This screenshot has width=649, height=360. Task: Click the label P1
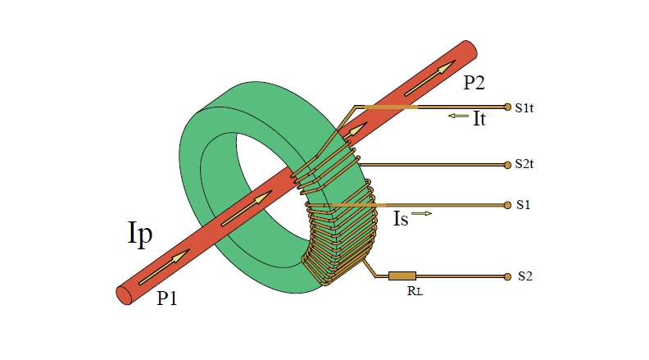pyautogui.click(x=167, y=299)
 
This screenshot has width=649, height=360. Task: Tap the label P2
pyautogui.click(x=474, y=82)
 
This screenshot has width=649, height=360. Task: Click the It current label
pyautogui.click(x=479, y=119)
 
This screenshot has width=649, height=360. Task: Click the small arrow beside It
pyautogui.click(x=457, y=116)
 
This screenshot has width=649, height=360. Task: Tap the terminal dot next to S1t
pyautogui.click(x=508, y=107)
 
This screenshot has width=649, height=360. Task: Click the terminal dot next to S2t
pyautogui.click(x=508, y=165)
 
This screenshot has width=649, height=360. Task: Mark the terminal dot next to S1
pyautogui.click(x=508, y=205)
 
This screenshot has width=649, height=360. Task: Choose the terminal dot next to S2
pyautogui.click(x=508, y=276)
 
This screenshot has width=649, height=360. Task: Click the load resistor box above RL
pyautogui.click(x=402, y=276)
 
